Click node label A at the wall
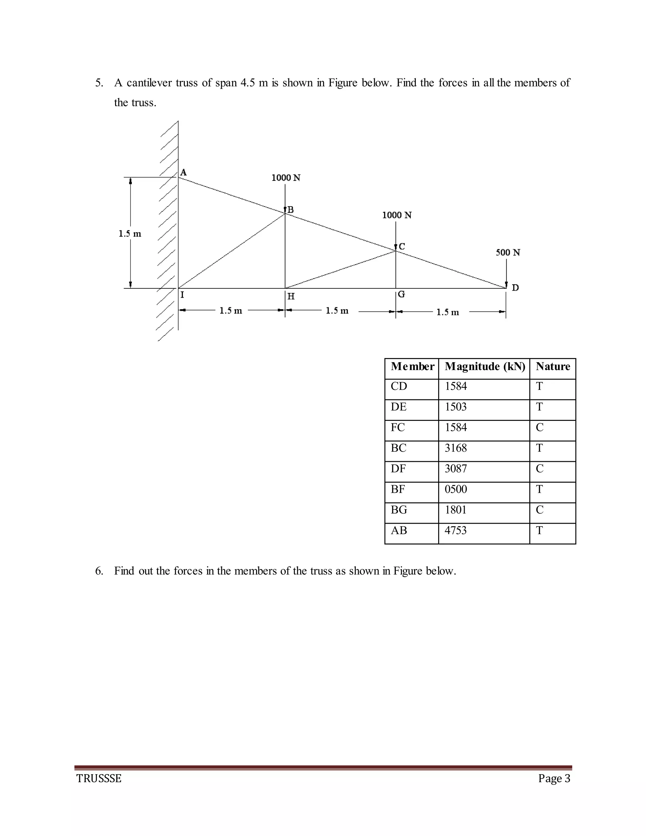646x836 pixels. click(x=183, y=172)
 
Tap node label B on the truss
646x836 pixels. click(x=291, y=210)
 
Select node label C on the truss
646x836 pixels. click(x=402, y=246)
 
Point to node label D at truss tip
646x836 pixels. click(x=515, y=287)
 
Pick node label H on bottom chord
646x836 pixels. click(x=291, y=296)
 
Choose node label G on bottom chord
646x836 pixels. click(x=402, y=294)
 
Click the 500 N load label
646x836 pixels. click(x=508, y=253)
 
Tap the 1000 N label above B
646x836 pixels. click(x=286, y=178)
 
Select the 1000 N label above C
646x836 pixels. click(x=397, y=215)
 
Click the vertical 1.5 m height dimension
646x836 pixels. click(x=130, y=233)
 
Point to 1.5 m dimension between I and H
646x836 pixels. click(x=231, y=310)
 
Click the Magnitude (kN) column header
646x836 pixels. click(x=484, y=367)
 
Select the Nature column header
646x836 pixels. click(x=553, y=367)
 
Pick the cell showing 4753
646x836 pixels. click(x=455, y=531)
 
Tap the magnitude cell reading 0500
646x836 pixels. click(x=455, y=489)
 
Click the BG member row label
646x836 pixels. click(x=399, y=510)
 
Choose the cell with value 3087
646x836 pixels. click(x=455, y=468)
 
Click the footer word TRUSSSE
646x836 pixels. click(x=99, y=779)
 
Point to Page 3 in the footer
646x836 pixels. click(x=554, y=779)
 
